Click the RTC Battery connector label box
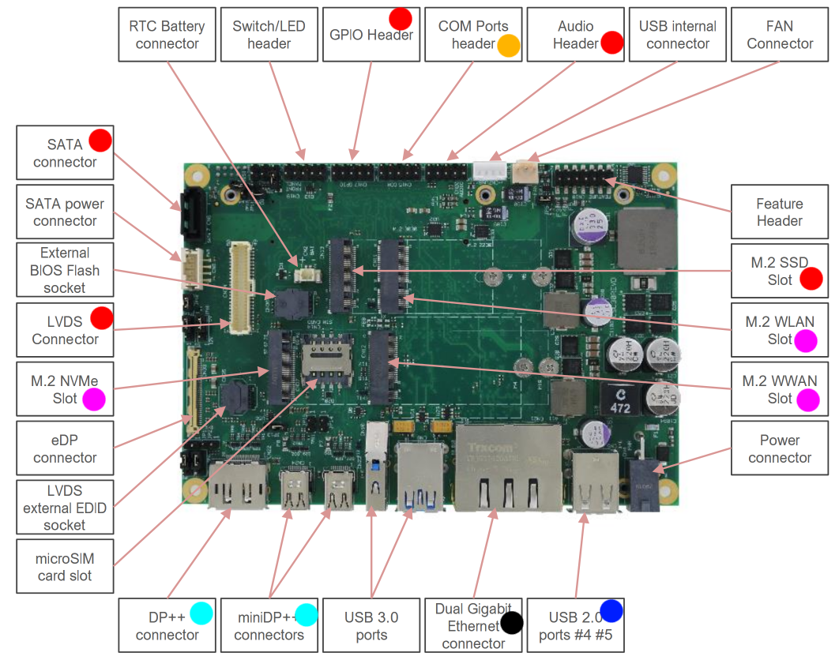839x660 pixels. click(x=167, y=35)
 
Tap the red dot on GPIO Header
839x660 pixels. click(x=401, y=19)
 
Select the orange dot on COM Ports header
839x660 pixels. click(x=509, y=46)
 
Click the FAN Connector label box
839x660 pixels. click(x=780, y=35)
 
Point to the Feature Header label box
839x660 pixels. click(x=779, y=212)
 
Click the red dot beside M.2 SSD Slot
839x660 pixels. click(x=811, y=279)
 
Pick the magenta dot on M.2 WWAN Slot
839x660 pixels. click(x=807, y=399)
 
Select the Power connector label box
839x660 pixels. click(x=779, y=448)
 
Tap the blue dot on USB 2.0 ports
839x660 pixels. click(x=611, y=610)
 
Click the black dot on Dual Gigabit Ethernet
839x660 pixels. click(x=511, y=623)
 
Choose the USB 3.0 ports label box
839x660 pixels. click(x=371, y=625)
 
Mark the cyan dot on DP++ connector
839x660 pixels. click(x=201, y=613)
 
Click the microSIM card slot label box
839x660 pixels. click(x=65, y=567)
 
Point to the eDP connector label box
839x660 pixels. click(x=65, y=448)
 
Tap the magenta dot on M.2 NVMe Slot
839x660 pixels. click(x=93, y=399)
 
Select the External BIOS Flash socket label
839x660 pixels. click(x=65, y=270)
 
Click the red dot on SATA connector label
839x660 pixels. click(x=100, y=141)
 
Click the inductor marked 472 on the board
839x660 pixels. click(x=620, y=400)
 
